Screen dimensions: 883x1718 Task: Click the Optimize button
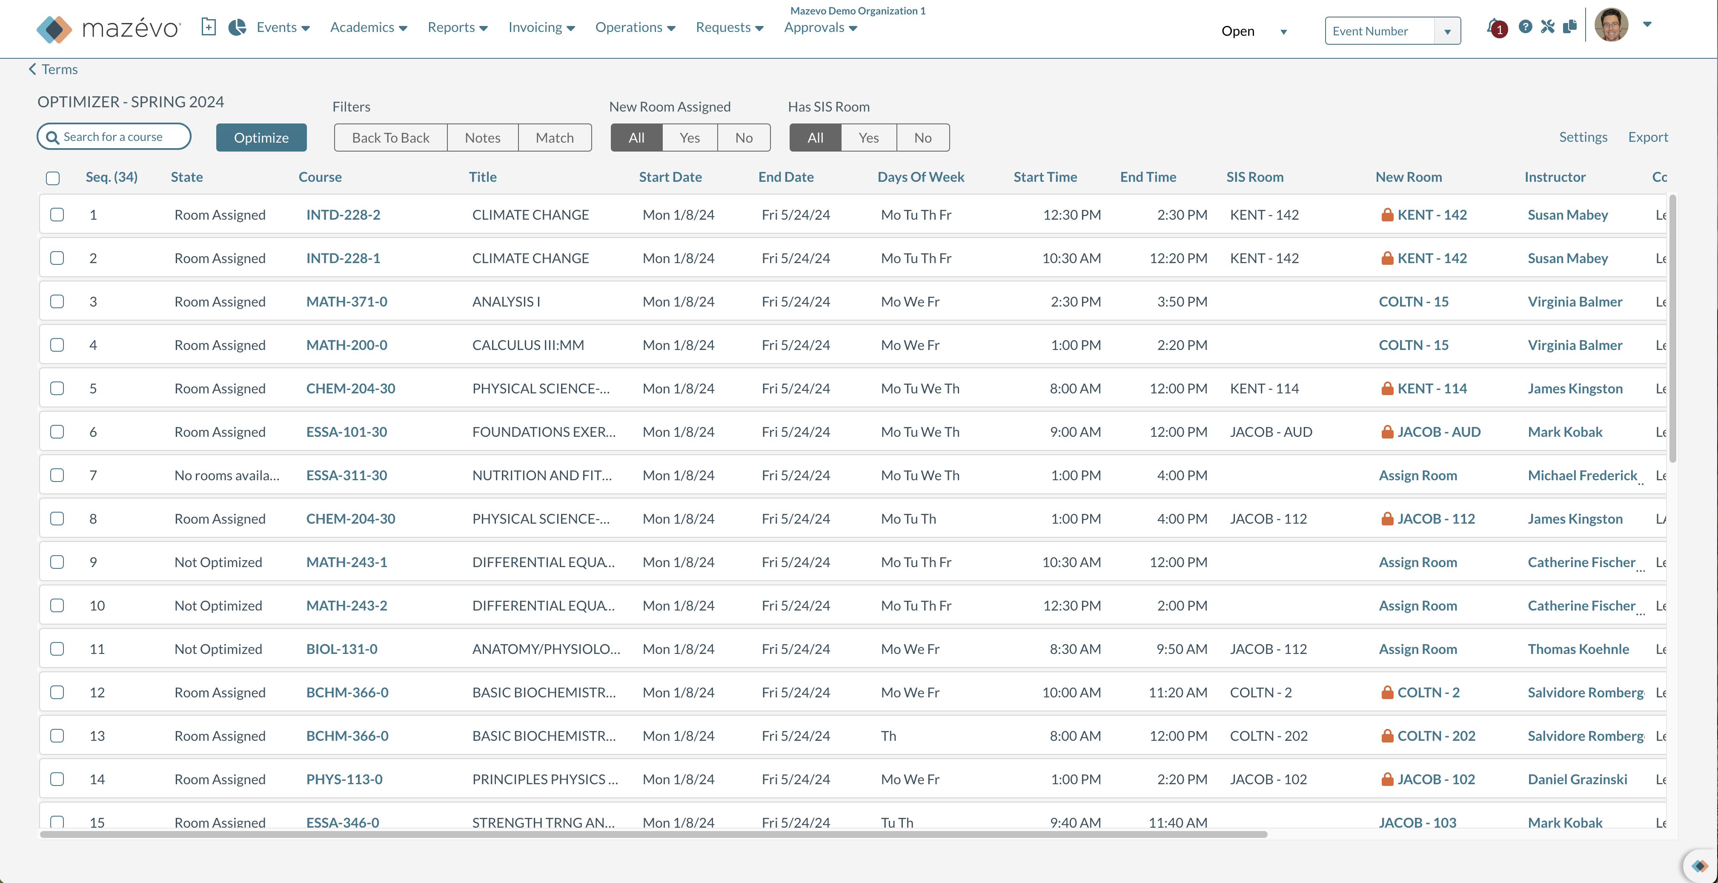[261, 138]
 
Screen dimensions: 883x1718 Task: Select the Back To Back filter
[390, 138]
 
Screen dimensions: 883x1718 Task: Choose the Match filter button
[554, 138]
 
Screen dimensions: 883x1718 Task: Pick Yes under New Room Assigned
[690, 138]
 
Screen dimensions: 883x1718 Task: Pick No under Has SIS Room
[922, 138]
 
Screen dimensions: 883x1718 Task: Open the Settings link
[1583, 137]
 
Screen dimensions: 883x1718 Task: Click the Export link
[1647, 137]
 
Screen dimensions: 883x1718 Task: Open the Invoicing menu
[541, 27]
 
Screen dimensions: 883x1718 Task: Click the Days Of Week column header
[920, 177]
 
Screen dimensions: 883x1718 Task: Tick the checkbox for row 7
[57, 475]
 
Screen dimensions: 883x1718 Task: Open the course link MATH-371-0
[346, 301]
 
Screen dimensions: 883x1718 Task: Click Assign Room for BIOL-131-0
[1417, 649]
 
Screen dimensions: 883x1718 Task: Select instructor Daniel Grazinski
[1577, 779]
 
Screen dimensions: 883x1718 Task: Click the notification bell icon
[1495, 27]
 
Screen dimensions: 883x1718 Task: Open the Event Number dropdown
[1446, 32]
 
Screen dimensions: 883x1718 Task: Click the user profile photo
[1611, 26]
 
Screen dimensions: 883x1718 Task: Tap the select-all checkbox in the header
[53, 178]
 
